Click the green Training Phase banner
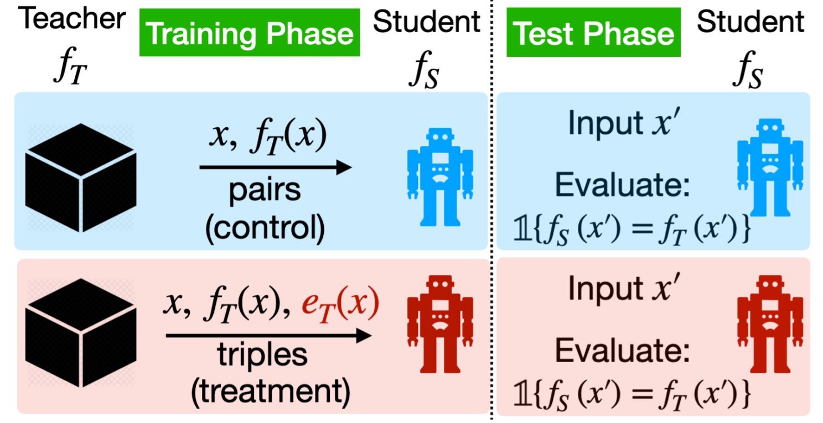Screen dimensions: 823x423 250,32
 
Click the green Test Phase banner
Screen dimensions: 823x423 593,32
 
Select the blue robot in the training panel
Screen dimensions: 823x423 440,176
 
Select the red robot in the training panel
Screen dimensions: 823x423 440,324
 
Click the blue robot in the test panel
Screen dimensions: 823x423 770,168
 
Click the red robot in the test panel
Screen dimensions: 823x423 770,324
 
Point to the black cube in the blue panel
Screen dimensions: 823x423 81,177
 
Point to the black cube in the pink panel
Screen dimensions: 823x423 81,333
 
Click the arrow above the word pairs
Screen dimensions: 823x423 276,168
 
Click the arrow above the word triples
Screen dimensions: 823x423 268,336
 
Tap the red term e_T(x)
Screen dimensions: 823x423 340,304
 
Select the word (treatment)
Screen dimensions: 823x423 271,392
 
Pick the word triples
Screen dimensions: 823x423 262,355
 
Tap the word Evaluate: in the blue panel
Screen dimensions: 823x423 622,185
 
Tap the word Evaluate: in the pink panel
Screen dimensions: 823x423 622,351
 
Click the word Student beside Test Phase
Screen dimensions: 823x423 750,22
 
